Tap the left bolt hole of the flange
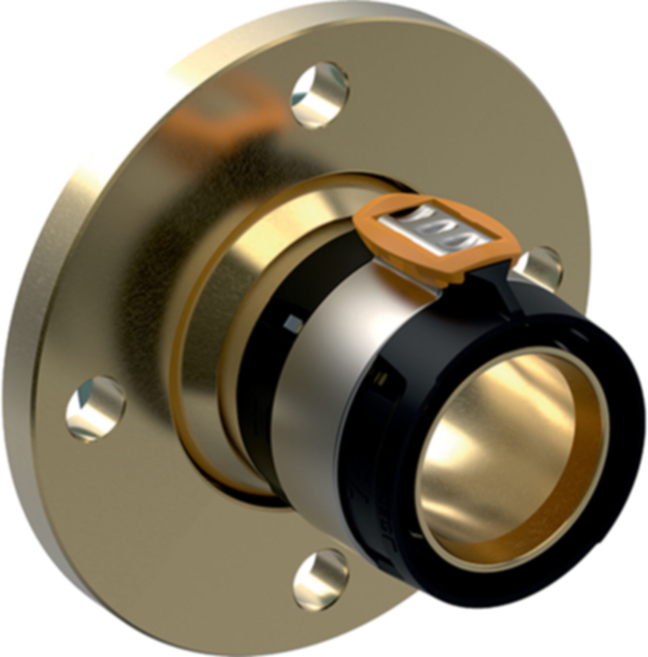pyautogui.click(x=96, y=408)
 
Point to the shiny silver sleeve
pyautogui.click(x=328, y=383)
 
